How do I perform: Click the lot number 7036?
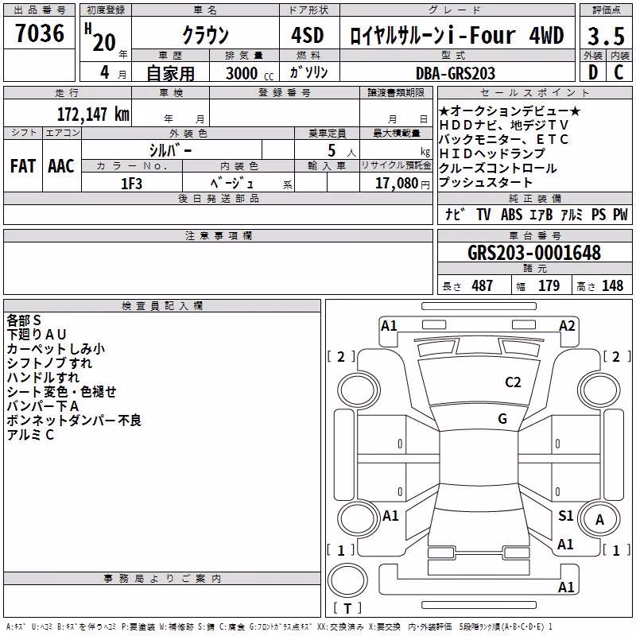(x=40, y=33)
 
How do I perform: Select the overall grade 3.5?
(x=606, y=37)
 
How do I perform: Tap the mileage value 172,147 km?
(x=93, y=114)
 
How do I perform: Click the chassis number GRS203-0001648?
(x=534, y=253)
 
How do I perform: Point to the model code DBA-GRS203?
(x=456, y=73)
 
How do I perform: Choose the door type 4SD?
(x=308, y=36)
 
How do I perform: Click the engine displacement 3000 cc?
(x=250, y=73)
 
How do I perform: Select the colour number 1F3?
(x=131, y=184)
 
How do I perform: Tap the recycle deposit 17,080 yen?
(x=402, y=184)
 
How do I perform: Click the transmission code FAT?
(x=23, y=166)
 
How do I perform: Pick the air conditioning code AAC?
(x=61, y=166)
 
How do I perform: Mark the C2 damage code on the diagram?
(x=513, y=382)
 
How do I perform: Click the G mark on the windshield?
(x=502, y=419)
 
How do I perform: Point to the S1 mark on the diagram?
(x=565, y=516)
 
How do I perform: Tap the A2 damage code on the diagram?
(x=567, y=326)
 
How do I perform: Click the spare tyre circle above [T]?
(x=347, y=580)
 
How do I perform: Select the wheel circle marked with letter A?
(x=599, y=519)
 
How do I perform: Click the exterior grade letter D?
(x=593, y=72)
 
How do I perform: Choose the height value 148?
(x=612, y=285)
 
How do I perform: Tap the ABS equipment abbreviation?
(x=511, y=215)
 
